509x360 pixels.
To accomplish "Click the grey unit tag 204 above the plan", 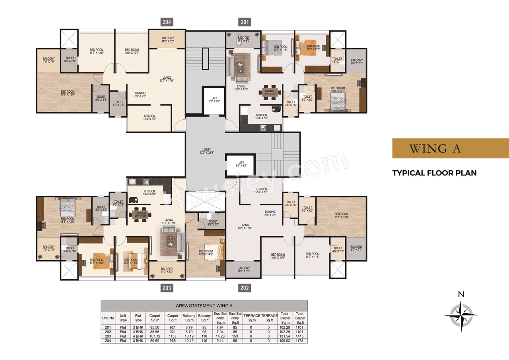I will [167, 22].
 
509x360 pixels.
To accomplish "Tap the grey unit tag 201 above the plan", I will [243, 22].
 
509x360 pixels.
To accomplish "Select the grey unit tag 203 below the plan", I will [167, 288].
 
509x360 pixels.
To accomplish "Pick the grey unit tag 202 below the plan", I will [244, 288].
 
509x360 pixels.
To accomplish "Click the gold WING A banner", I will [450, 148].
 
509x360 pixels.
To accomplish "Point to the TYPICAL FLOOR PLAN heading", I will [434, 173].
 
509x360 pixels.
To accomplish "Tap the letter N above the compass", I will [461, 295].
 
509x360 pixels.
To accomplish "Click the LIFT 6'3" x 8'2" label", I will [214, 99].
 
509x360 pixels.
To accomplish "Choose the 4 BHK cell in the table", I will [138, 336].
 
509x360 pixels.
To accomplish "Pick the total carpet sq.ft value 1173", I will [299, 341].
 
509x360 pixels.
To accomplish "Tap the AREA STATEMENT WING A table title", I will [204, 306].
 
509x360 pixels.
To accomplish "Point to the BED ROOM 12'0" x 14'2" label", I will [206, 253].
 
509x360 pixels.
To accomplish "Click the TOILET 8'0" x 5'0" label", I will [213, 223].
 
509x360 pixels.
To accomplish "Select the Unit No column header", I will [108, 318].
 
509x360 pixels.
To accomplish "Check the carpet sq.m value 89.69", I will [155, 341].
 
